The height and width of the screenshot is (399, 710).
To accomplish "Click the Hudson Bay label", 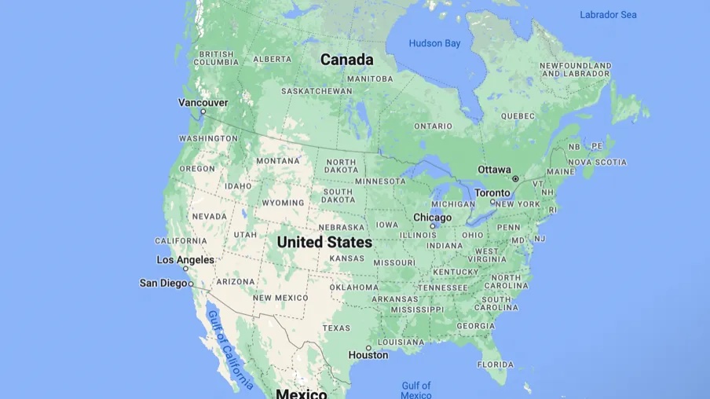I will coord(434,43).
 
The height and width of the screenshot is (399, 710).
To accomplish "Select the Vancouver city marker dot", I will coord(203,112).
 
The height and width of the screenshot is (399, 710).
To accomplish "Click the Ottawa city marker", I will coord(515,179).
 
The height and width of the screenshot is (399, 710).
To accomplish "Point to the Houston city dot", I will coord(368,347).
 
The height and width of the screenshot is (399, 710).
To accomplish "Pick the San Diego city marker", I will coord(191,284).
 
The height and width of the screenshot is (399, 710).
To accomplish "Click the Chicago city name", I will coord(432,218).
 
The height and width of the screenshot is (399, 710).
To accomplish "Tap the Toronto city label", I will coord(492,192).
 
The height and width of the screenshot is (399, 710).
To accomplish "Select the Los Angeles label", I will coord(185,260).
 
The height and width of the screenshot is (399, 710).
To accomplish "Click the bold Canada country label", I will coord(346,60).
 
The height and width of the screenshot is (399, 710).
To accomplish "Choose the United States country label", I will coord(324,242).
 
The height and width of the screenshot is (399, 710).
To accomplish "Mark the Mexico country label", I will coord(301,393).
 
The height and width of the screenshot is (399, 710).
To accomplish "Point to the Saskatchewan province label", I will coord(317,91).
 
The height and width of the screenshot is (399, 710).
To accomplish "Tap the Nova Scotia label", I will coord(597,163).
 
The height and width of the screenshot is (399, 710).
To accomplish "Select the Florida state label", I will coord(496,364).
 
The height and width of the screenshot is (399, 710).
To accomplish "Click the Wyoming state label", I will coord(282,203).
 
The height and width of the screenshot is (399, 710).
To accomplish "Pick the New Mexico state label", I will coord(280,298).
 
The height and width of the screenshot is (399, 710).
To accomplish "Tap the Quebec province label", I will coord(517,115).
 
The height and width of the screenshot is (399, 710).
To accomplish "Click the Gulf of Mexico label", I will coord(415,390).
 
